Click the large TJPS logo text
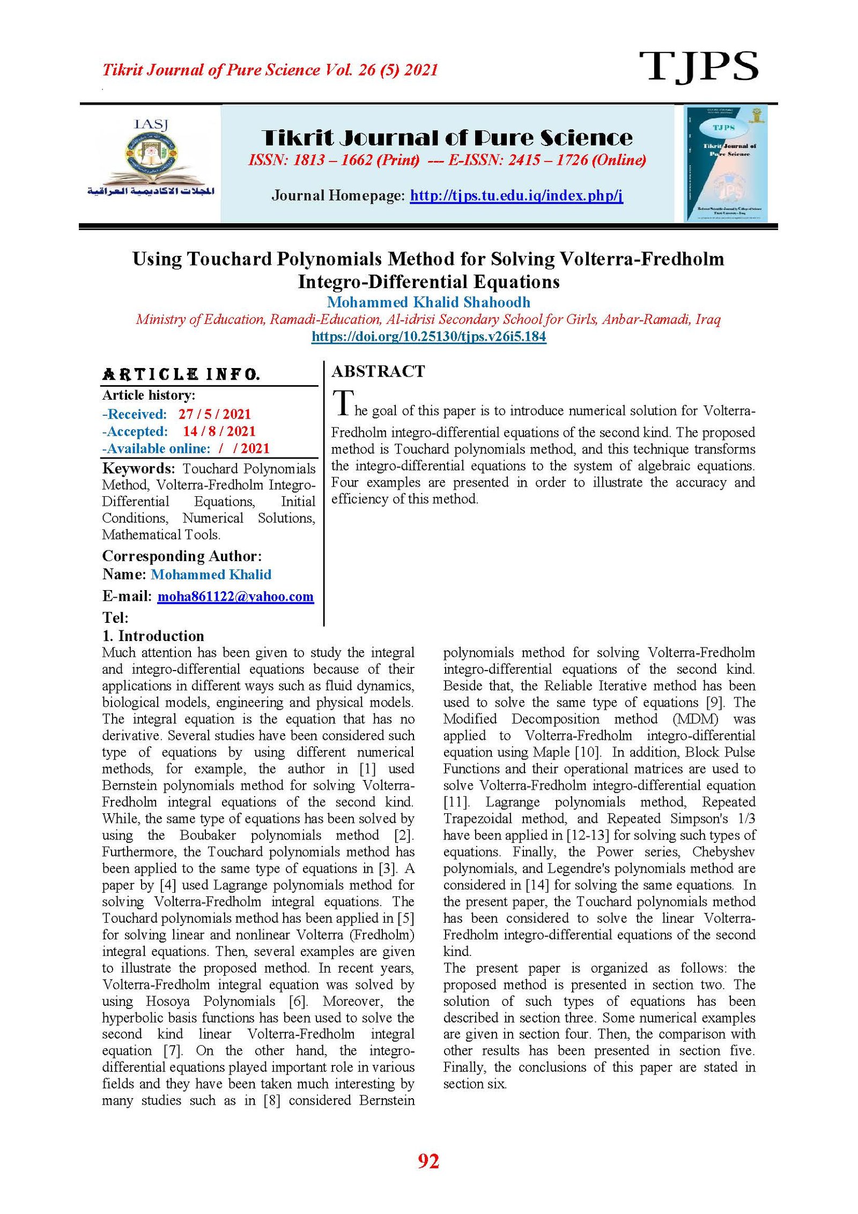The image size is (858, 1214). (x=698, y=67)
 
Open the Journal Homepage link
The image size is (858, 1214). (x=516, y=196)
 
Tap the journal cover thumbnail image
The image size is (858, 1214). (x=726, y=164)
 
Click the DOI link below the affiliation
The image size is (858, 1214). (x=428, y=337)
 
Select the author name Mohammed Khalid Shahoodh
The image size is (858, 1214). (x=428, y=302)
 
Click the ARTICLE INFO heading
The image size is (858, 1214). (x=181, y=374)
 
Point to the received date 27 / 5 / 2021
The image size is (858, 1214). (x=214, y=414)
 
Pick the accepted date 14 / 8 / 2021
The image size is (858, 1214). (x=219, y=431)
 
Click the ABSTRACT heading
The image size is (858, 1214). (x=378, y=371)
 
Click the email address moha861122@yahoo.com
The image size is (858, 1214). (x=235, y=597)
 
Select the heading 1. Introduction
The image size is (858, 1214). (x=153, y=636)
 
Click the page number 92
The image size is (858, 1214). (x=428, y=1161)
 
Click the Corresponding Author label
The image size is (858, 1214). (x=182, y=556)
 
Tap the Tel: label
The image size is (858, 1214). (x=115, y=617)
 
